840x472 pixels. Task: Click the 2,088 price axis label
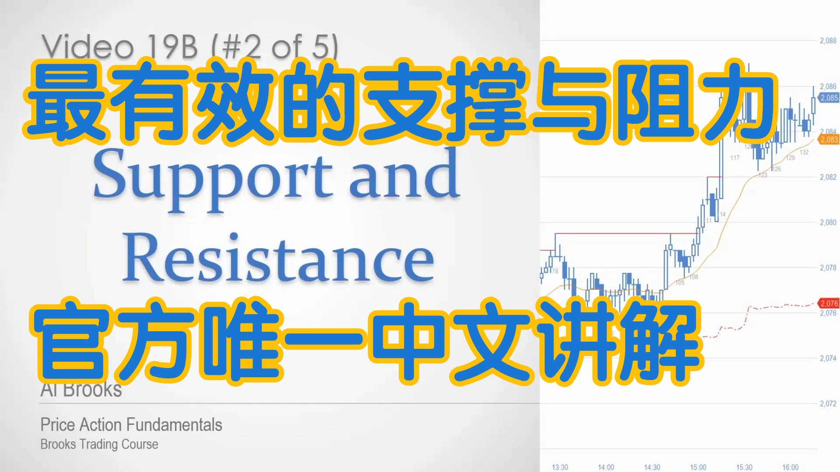(x=828, y=41)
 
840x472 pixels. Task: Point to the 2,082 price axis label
(x=828, y=177)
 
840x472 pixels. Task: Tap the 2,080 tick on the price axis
(x=828, y=222)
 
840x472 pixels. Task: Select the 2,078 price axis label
(x=828, y=268)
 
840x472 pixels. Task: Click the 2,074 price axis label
(x=828, y=358)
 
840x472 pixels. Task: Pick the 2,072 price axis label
(x=828, y=404)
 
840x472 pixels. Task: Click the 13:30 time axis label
(x=560, y=467)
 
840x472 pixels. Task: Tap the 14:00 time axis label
(x=606, y=467)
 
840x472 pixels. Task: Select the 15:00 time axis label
(x=698, y=467)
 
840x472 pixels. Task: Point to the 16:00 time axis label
(x=790, y=467)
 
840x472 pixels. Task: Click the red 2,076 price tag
(x=829, y=303)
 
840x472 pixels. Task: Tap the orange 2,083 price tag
(x=829, y=140)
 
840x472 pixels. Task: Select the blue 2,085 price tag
(x=829, y=98)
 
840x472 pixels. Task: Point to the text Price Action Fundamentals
(x=131, y=425)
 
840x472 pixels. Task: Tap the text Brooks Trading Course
(x=99, y=444)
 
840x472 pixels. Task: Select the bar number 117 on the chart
(x=735, y=158)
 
